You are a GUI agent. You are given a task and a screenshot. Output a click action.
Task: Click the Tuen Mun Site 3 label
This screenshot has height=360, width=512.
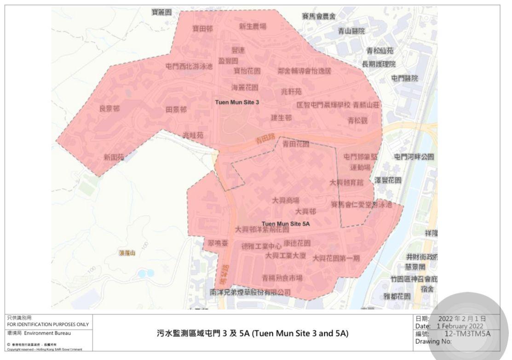point(237,102)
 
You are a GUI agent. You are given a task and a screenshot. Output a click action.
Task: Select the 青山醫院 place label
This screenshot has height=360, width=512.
point(351,31)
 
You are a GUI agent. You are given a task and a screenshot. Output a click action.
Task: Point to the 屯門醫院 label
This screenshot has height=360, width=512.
point(405,78)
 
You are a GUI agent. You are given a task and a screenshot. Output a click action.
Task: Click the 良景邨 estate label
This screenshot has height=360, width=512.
point(109,109)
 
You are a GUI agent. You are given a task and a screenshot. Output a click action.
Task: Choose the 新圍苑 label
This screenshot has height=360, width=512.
point(114,157)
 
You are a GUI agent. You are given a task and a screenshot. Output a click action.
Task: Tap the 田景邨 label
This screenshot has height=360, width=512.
point(176,110)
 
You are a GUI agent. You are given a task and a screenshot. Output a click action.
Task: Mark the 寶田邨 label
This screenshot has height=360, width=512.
point(202,29)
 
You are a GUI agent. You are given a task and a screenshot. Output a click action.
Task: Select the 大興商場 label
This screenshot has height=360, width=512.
point(286,201)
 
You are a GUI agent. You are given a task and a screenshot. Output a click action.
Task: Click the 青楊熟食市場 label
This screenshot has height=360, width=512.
point(282,278)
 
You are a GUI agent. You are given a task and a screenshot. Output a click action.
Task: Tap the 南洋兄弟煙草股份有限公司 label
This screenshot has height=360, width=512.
point(250,292)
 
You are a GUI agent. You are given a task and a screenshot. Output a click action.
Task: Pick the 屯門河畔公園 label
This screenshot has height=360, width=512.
point(414,157)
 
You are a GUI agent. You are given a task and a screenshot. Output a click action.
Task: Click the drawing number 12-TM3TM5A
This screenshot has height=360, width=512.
point(467,334)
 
